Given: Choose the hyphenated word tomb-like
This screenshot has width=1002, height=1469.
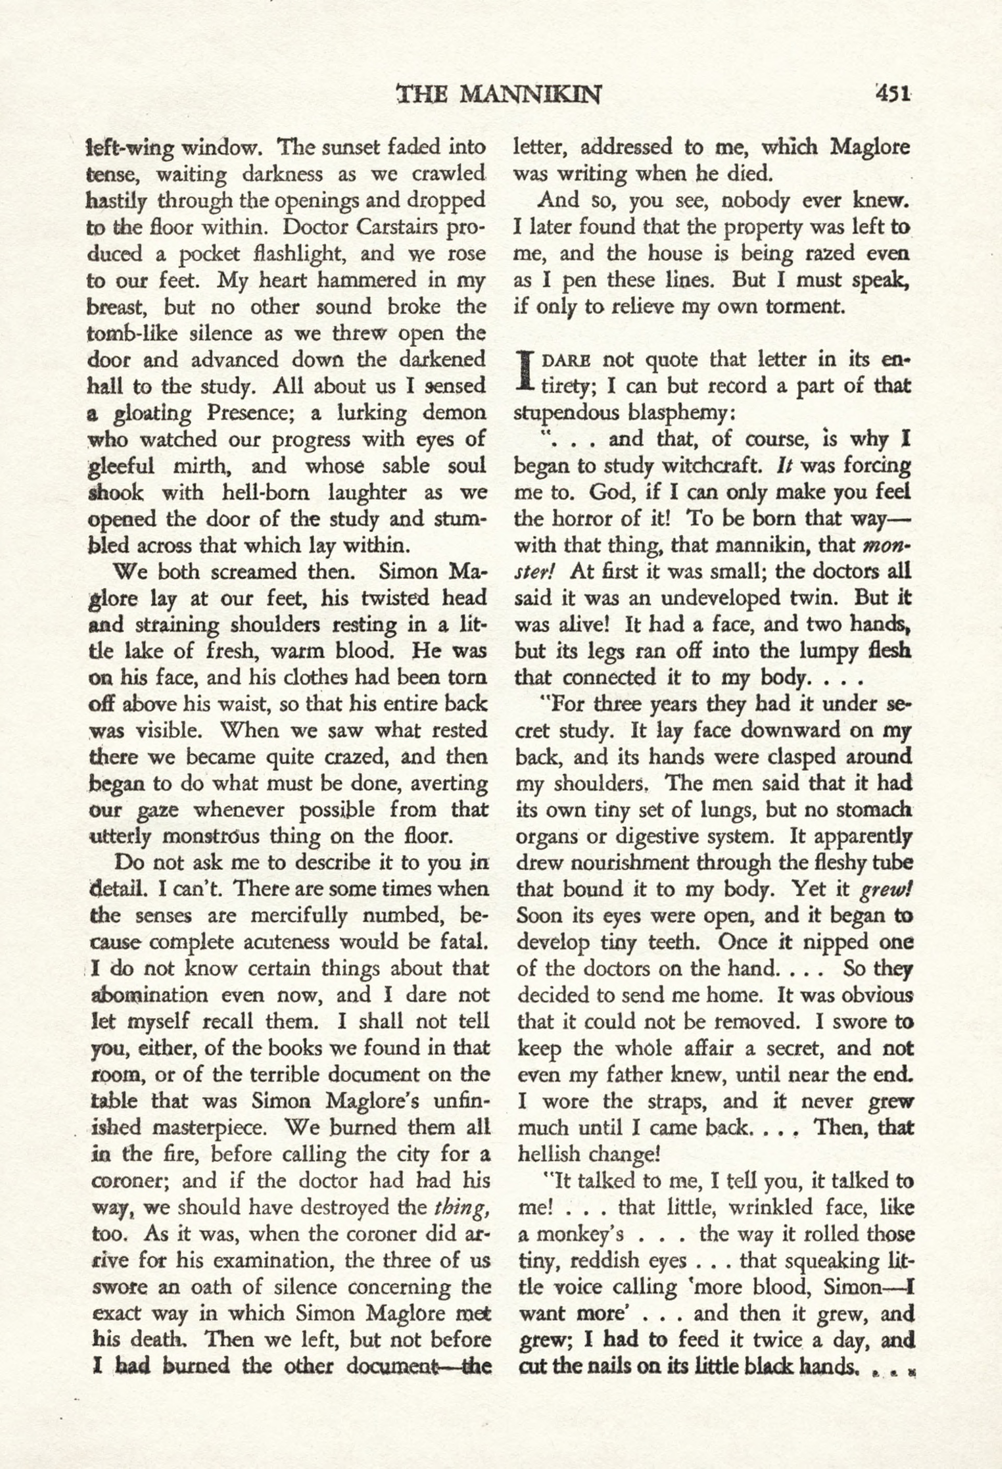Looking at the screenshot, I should pyautogui.click(x=136, y=333).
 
